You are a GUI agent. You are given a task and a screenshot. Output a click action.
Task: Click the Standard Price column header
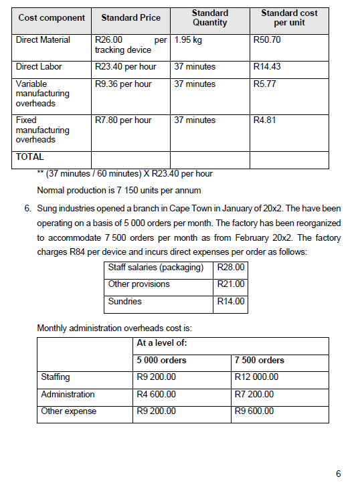pos(130,17)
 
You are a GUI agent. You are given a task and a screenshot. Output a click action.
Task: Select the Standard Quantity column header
pos(209,17)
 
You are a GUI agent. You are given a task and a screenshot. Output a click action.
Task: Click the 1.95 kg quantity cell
pos(188,40)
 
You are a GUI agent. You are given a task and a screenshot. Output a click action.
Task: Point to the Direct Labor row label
pos(39,67)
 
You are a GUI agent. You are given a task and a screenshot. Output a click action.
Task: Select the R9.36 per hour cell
pos(123,84)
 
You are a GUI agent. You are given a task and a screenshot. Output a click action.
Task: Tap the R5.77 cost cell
pos(265,84)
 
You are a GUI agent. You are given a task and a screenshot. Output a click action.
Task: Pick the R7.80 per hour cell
pos(123,120)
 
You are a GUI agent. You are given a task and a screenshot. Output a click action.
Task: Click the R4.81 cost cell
pos(265,120)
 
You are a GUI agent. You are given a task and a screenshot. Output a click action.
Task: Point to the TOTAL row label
pos(30,157)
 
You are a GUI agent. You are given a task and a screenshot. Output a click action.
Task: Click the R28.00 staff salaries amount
pos(231,268)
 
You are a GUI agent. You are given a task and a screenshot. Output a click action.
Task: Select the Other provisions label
pos(139,284)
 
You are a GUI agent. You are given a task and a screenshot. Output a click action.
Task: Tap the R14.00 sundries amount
pos(231,302)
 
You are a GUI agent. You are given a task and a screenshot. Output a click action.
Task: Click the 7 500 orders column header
pos(259,361)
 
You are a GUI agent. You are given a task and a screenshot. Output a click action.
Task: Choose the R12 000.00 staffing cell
pos(257,377)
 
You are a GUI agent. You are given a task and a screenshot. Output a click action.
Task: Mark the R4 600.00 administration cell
pos(156,395)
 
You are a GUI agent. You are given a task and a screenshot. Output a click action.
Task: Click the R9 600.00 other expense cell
pos(254,411)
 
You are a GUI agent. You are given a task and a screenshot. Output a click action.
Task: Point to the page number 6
pos(339,474)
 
